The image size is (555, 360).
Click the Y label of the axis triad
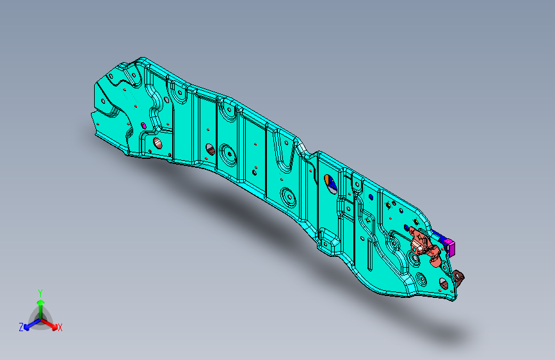(x=40, y=291)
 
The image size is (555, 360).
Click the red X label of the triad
(x=60, y=328)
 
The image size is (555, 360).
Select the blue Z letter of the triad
(x=21, y=327)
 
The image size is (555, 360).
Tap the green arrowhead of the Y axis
(x=40, y=301)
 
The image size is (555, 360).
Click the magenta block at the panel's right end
(x=450, y=244)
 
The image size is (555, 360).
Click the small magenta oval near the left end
(x=143, y=124)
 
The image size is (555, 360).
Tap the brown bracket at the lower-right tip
(x=458, y=277)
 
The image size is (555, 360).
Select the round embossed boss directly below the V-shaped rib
(x=287, y=195)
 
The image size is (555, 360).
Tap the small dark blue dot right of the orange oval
(x=372, y=197)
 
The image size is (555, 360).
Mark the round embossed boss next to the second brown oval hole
(x=227, y=154)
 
